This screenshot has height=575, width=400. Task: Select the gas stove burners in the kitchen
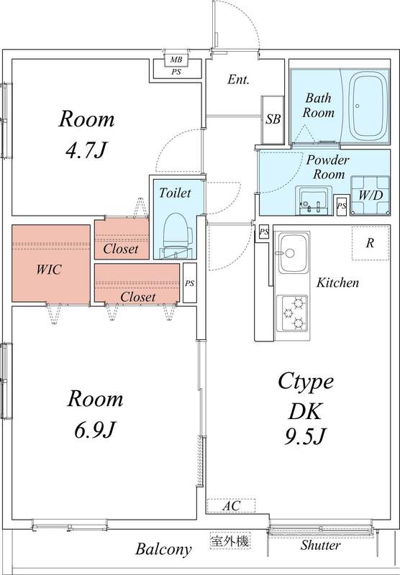294,313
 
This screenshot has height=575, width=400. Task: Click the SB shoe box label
273,119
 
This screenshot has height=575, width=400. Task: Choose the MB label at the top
176,60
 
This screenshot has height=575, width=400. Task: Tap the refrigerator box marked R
370,243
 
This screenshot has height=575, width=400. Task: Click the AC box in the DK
230,506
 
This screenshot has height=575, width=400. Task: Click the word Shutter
320,546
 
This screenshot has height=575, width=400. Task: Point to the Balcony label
164,550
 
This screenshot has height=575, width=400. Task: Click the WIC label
49,270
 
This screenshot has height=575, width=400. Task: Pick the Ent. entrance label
238,80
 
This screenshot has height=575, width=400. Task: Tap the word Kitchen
337,283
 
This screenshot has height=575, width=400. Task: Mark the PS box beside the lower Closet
189,283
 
